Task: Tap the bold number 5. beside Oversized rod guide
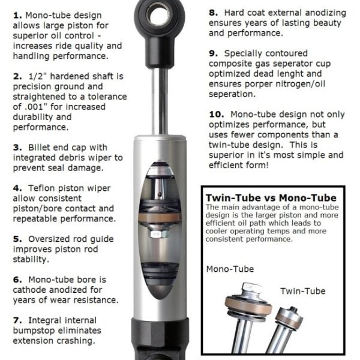(x=17, y=238)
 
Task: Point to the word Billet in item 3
(x=46, y=147)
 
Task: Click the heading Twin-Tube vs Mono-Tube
(x=271, y=198)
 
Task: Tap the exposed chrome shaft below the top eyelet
(x=161, y=90)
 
